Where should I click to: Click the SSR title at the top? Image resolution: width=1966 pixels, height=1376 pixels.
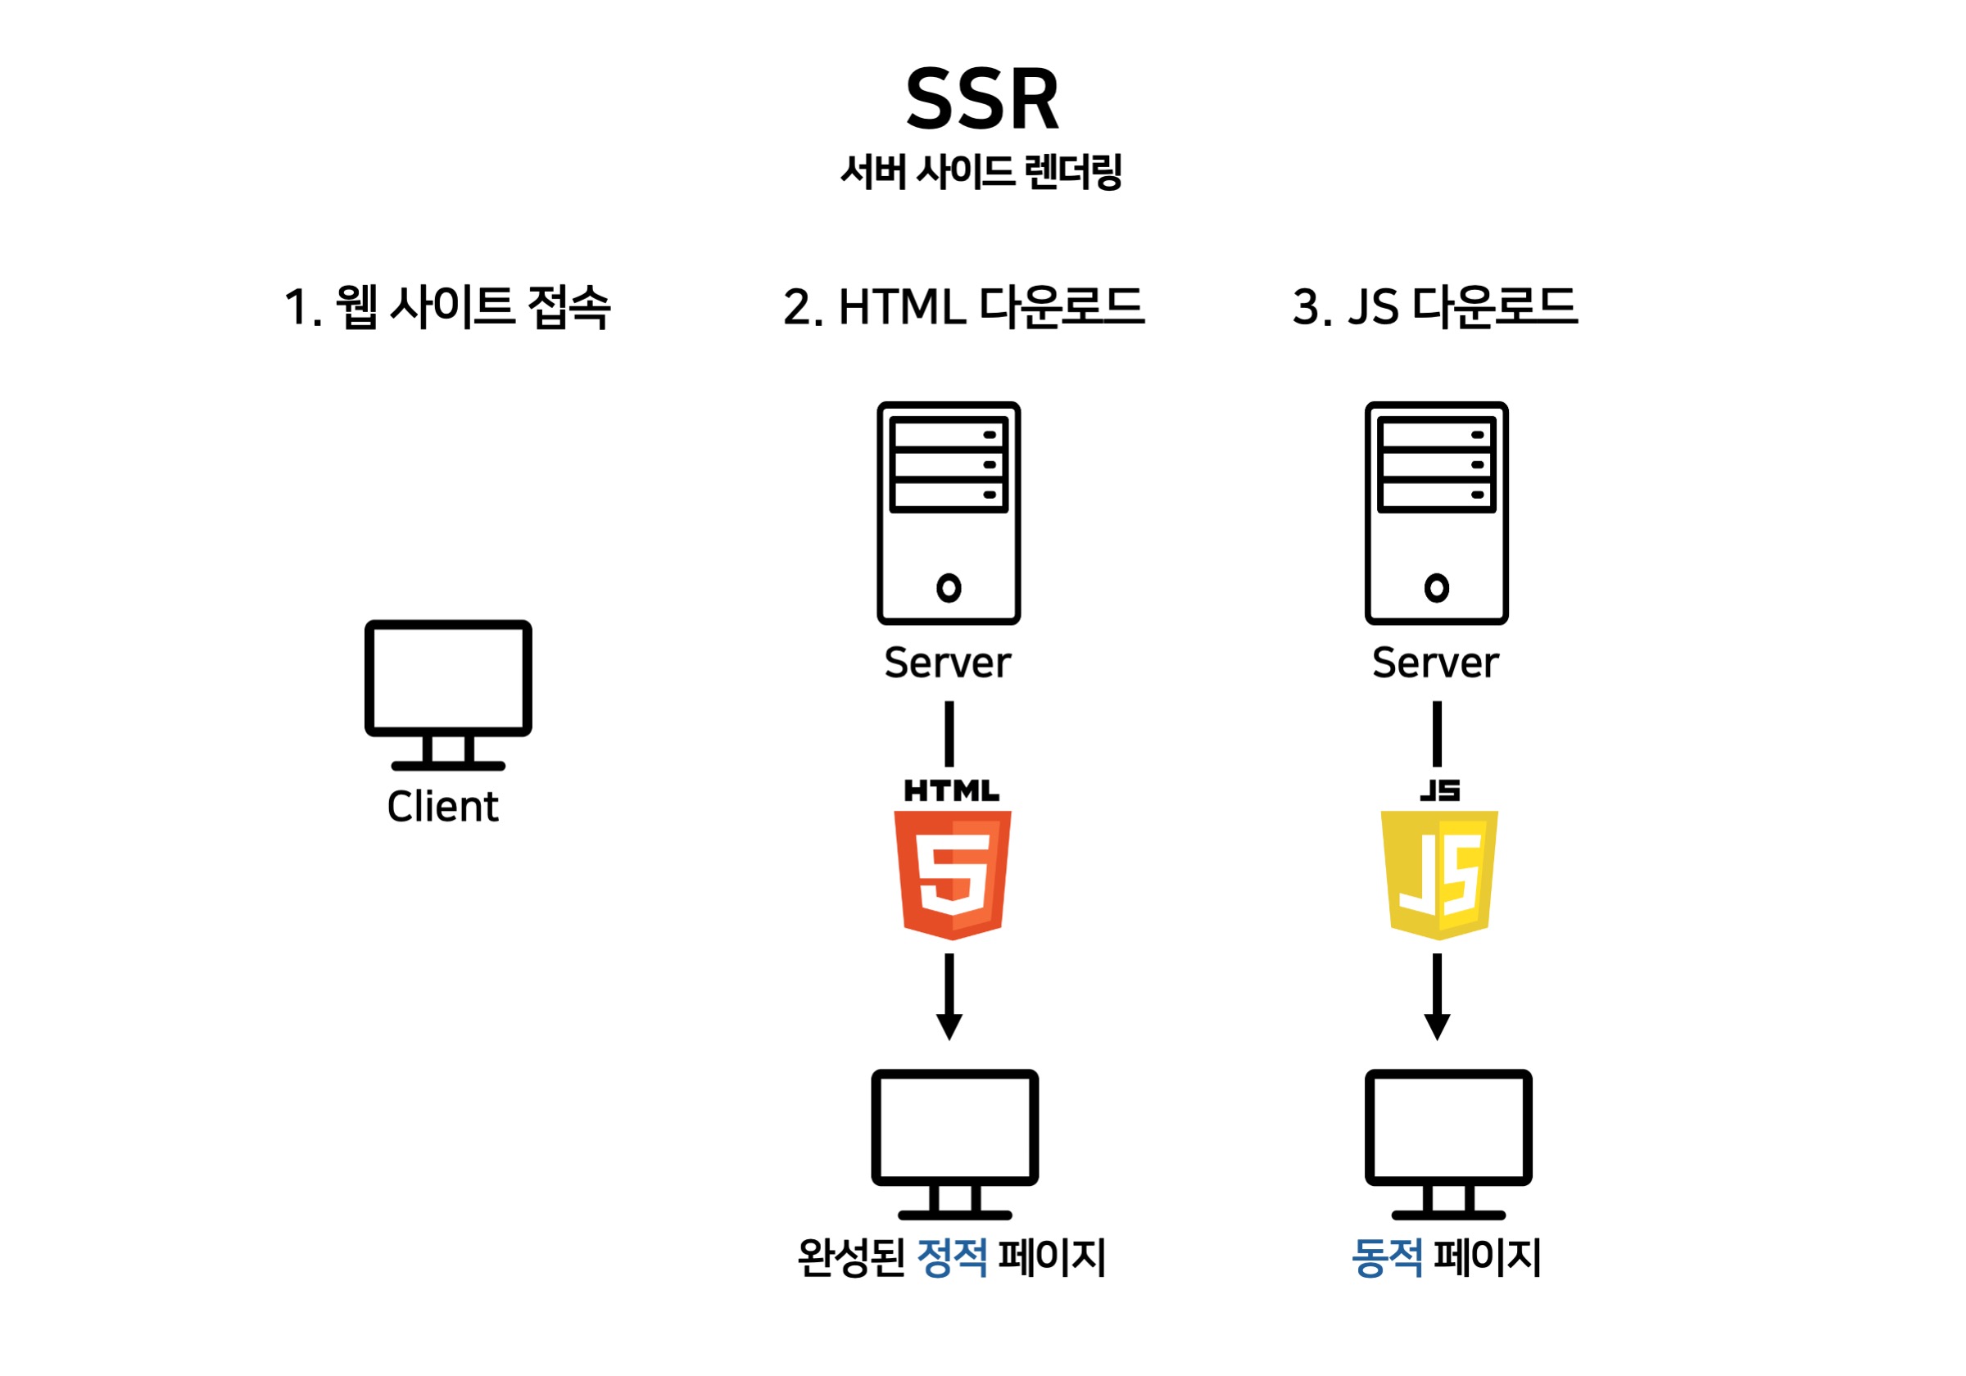point(982,100)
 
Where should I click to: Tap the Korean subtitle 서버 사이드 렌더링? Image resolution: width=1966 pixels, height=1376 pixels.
point(981,172)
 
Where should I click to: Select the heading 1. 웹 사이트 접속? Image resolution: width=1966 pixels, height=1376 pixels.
point(447,306)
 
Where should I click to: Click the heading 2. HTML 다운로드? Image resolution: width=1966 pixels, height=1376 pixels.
point(963,306)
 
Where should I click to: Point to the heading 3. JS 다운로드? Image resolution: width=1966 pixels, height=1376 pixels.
point(1435,306)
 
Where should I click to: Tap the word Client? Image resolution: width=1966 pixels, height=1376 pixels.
point(442,807)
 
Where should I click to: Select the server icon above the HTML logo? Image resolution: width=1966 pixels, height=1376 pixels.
point(949,513)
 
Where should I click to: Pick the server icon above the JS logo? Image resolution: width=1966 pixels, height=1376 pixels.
point(1437,513)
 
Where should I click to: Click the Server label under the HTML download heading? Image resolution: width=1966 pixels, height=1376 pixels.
point(948,663)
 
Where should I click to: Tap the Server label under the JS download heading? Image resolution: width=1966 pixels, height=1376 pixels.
point(1436,663)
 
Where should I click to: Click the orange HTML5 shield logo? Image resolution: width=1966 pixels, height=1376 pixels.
point(952,873)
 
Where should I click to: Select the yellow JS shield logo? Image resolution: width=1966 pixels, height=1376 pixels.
point(1439,873)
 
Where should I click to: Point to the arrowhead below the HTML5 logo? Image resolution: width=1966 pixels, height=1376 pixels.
point(949,1025)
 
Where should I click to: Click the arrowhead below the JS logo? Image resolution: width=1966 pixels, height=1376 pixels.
point(1437,1025)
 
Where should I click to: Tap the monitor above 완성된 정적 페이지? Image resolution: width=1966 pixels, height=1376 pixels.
point(955,1143)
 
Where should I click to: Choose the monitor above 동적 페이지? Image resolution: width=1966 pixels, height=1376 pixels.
point(1448,1143)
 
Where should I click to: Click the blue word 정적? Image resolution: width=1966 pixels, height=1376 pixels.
point(952,1257)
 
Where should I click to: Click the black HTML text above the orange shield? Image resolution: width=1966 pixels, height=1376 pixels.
point(951,790)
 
